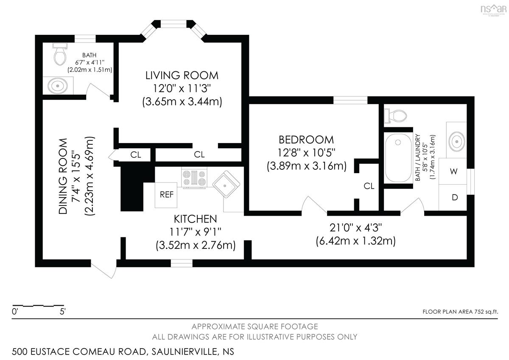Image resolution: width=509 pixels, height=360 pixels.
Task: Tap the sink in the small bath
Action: point(58,86)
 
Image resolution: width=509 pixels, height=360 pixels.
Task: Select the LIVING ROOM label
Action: point(182,76)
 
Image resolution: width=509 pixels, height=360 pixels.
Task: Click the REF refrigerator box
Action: point(166,195)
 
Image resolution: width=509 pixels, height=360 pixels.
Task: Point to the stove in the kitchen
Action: point(194,178)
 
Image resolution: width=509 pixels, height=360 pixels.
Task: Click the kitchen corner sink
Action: point(226,184)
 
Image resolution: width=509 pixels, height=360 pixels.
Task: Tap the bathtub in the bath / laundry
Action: point(398,157)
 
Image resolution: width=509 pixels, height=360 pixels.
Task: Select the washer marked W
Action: point(453,171)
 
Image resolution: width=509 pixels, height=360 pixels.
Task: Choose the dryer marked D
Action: point(453,197)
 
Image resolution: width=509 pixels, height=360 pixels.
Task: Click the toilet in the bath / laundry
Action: point(395,116)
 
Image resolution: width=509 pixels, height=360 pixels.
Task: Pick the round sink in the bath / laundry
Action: point(457,141)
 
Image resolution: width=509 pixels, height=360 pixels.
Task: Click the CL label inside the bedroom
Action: point(369,186)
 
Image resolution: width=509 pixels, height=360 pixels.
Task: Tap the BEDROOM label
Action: point(306,140)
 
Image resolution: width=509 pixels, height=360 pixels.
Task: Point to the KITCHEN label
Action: point(196,219)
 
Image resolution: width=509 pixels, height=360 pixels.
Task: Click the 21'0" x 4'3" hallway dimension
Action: point(356,228)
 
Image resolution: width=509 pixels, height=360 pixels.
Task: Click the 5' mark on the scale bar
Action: point(63,312)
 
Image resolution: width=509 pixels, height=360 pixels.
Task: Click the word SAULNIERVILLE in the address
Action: point(185,352)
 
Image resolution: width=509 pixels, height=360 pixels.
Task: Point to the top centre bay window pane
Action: point(174,24)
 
